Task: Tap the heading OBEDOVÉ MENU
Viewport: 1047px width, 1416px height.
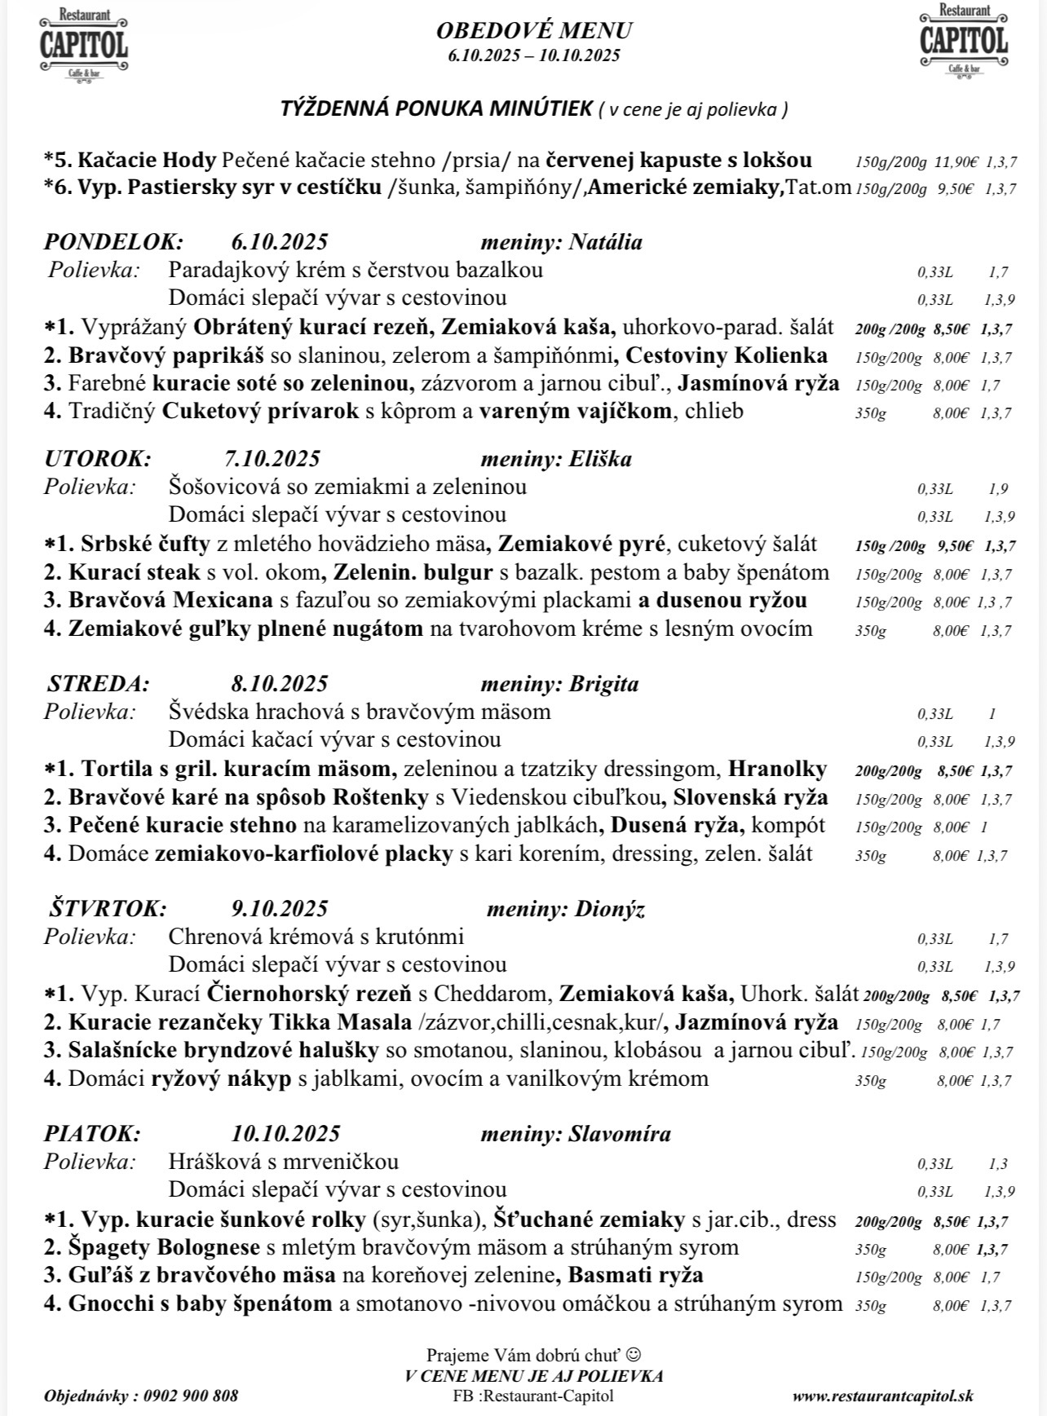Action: click(534, 31)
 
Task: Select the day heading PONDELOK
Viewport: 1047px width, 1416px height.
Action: click(114, 242)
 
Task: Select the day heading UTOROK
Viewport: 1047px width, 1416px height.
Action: click(98, 459)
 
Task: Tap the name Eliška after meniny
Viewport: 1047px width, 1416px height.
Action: click(601, 459)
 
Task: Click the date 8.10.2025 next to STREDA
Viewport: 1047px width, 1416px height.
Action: click(279, 684)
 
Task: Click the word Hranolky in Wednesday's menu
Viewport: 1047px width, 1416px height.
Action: click(778, 769)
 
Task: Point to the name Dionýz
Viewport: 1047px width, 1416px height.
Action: click(610, 909)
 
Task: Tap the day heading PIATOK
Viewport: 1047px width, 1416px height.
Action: click(92, 1134)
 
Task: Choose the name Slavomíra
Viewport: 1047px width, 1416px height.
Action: click(620, 1134)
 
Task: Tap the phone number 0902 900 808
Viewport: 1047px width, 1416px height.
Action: click(190, 1396)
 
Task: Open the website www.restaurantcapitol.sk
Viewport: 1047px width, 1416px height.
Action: click(882, 1396)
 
